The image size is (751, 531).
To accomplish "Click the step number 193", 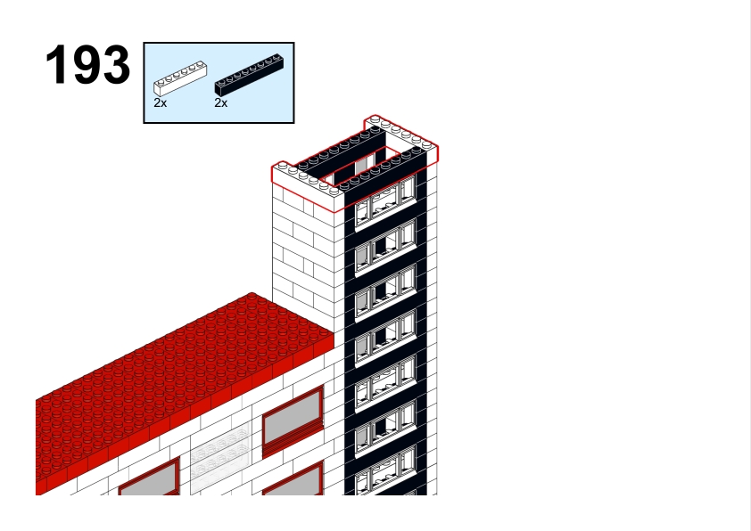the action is coord(87,65).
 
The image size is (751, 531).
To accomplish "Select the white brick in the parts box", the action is coord(180,78).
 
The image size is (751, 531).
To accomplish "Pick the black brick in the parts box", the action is coord(249,75).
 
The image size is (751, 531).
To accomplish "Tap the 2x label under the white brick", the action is coord(160,102).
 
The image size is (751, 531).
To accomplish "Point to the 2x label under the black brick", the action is coord(221,102).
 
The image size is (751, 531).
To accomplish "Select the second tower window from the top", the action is coord(385,248).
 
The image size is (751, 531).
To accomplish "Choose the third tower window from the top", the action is coord(385,293).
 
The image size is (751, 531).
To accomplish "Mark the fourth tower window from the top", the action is coord(385,339).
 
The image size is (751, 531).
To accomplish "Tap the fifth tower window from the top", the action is coord(385,384).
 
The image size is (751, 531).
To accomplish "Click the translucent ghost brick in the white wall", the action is coord(220,457).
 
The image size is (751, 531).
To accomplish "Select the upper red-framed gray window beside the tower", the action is coord(293,421).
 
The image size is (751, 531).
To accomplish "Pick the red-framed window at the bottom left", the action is coord(149,478).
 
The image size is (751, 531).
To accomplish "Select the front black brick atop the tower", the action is coord(384,172).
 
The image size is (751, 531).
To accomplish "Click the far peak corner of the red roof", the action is coord(252,293).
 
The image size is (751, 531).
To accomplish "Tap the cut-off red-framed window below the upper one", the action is coord(293,479).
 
